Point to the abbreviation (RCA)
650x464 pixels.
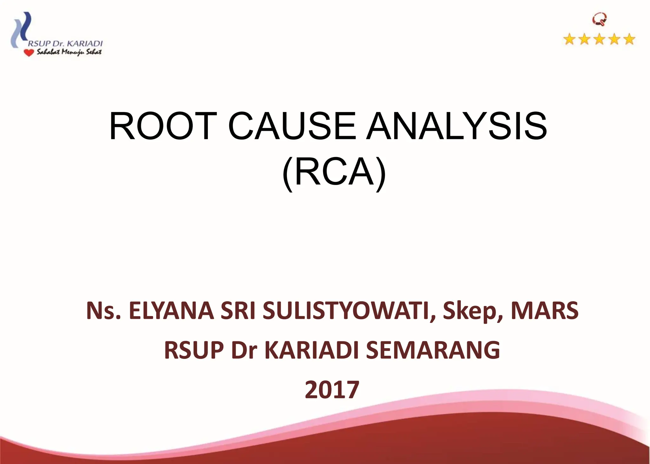click(x=334, y=173)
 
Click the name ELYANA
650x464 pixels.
click(x=171, y=311)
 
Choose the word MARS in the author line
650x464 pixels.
click(x=545, y=311)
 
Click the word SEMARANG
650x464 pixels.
click(x=433, y=350)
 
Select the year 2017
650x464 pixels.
click(x=332, y=390)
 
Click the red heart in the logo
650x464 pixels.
click(x=29, y=53)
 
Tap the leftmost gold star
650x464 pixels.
click(x=570, y=40)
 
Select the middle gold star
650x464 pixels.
click(x=600, y=40)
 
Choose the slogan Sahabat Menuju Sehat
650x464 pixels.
click(x=69, y=52)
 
